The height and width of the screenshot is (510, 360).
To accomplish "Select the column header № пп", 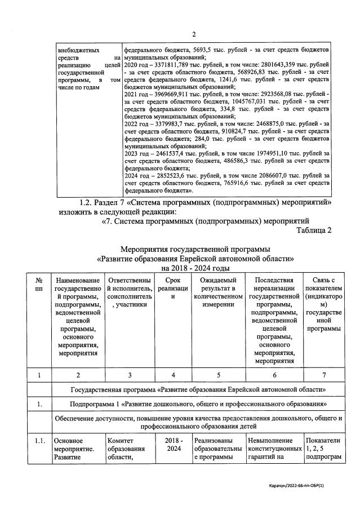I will click(x=39, y=285).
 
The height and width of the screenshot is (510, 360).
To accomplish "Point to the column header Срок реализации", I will click(x=173, y=289).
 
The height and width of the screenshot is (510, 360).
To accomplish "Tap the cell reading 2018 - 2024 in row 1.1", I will click(x=173, y=445).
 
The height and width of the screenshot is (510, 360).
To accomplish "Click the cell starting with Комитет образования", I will click(x=129, y=449).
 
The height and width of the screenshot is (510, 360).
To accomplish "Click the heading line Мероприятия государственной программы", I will click(x=195, y=249).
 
